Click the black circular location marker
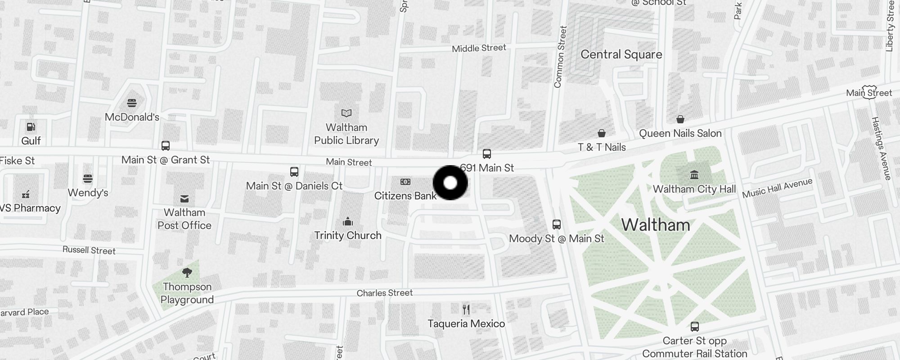(x=450, y=183)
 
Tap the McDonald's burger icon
(x=132, y=103)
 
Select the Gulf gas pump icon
(x=31, y=127)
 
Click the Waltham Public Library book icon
(x=346, y=113)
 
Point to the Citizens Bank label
(x=405, y=196)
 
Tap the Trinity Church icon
(x=348, y=221)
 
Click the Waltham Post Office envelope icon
(x=184, y=198)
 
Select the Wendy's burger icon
(x=88, y=179)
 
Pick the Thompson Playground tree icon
(x=187, y=272)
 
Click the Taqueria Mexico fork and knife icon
(x=466, y=309)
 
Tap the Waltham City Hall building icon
(x=694, y=174)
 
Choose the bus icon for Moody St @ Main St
(x=557, y=224)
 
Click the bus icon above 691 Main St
(x=487, y=154)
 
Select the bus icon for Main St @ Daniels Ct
(x=294, y=172)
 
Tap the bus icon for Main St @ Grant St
(x=166, y=146)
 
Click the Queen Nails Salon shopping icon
(x=680, y=119)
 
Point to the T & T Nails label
(x=602, y=147)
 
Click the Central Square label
(x=621, y=54)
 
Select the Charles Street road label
(x=384, y=293)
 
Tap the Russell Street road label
(x=89, y=250)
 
